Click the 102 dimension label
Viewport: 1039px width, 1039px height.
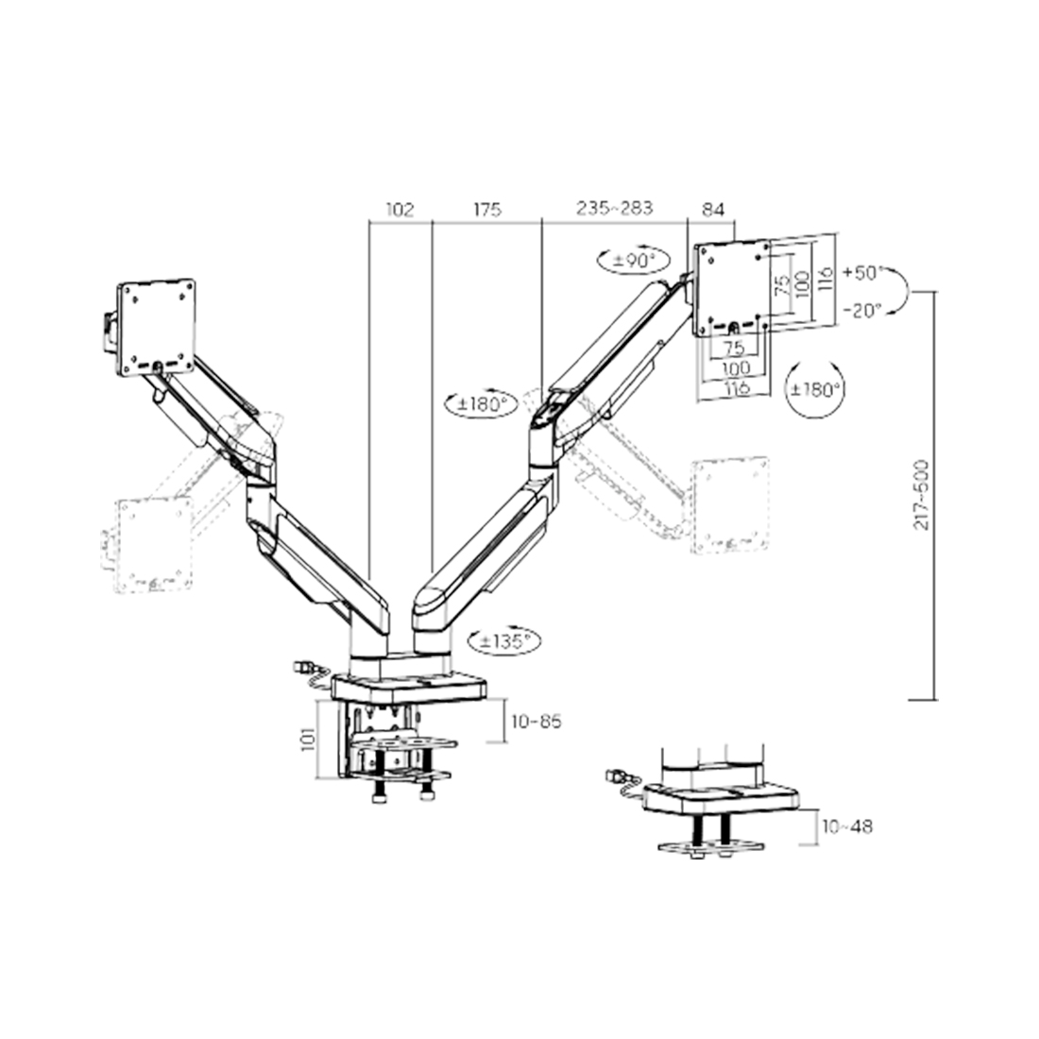pos(400,210)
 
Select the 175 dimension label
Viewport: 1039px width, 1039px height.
pos(487,210)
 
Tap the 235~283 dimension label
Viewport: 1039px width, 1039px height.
pos(614,208)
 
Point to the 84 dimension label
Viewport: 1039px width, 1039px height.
pos(713,210)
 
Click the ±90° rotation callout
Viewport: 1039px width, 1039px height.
pos(635,261)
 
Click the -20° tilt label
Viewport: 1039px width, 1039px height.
pos(862,310)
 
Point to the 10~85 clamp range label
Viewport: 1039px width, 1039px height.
pos(537,721)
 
